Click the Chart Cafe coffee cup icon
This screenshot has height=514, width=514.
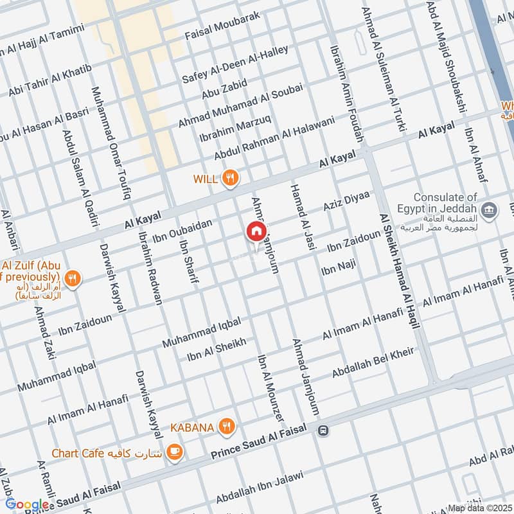pyautogui.click(x=173, y=453)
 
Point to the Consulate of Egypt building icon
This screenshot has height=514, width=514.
pyautogui.click(x=489, y=210)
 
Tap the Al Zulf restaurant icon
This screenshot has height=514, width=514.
pyautogui.click(x=74, y=279)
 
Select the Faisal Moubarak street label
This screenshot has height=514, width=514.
pyautogui.click(x=222, y=25)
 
